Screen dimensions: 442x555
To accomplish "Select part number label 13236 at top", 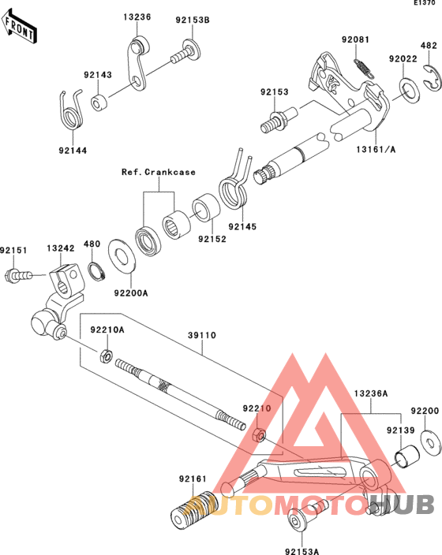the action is (x=137, y=17).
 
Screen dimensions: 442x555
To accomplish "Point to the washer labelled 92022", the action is (x=409, y=91).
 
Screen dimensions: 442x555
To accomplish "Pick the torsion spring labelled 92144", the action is (x=71, y=110).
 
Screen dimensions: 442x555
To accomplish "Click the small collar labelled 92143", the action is (x=99, y=102).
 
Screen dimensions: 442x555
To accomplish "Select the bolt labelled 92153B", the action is (x=186, y=52).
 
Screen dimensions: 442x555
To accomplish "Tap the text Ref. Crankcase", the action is (x=159, y=172).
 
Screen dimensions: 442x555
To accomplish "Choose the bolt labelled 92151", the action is (x=18, y=275).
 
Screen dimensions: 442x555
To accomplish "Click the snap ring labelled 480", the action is (x=97, y=272).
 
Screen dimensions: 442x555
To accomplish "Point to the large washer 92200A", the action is (x=122, y=256).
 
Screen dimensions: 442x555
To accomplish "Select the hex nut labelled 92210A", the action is (x=106, y=356).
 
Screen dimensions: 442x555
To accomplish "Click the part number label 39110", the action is (x=202, y=335).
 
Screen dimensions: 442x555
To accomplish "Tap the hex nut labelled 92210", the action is (x=259, y=435).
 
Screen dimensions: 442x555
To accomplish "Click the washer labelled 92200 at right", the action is (x=430, y=443).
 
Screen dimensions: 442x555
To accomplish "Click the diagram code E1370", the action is (x=425, y=3).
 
